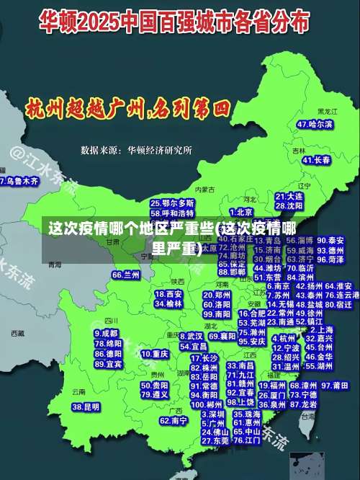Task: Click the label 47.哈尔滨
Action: pos(315,124)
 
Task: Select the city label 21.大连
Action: pos(289,195)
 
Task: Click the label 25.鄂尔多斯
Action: pos(171,203)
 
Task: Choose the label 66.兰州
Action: pos(126,275)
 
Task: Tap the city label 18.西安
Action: pos(168,294)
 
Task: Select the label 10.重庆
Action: pos(155,354)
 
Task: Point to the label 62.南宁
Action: pos(174,420)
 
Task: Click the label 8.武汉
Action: pos(191,336)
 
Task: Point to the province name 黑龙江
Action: pos(328,112)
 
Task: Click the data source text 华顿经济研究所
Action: pos(160,151)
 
